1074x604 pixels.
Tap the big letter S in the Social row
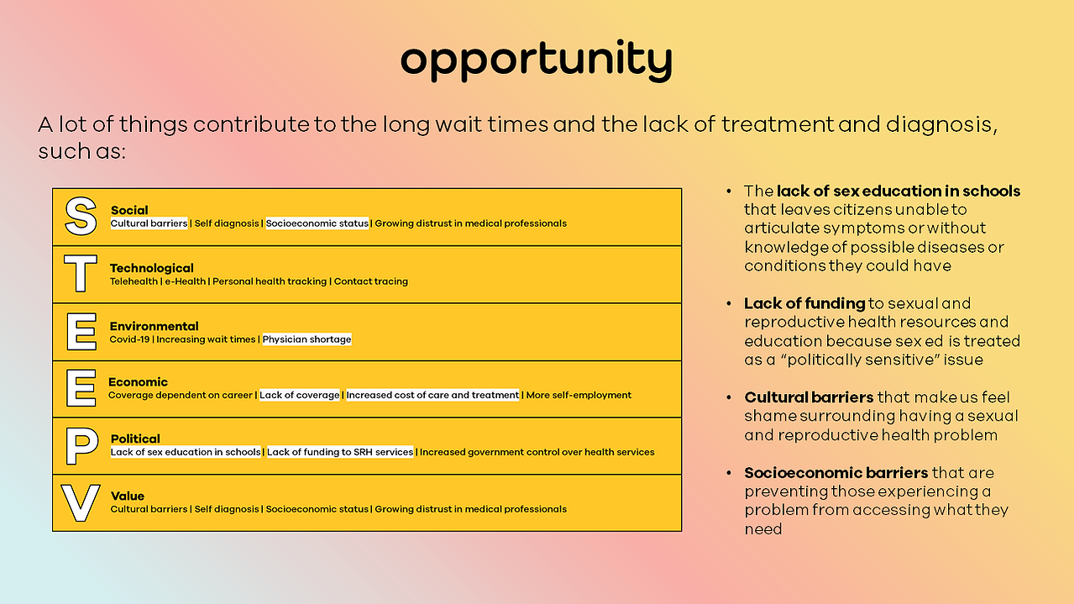tap(81, 217)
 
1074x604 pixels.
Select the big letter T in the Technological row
tap(80, 273)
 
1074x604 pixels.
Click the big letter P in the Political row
tap(81, 446)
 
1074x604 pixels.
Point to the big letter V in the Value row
tap(81, 502)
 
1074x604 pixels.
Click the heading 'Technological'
tap(151, 268)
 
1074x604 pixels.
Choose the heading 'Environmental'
tap(154, 326)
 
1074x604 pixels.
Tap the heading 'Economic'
tap(138, 382)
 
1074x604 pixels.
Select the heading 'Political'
tap(135, 439)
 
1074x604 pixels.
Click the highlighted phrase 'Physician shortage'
tap(306, 339)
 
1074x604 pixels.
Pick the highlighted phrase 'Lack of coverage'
tap(300, 395)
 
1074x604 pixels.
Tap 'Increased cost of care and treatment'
tap(432, 395)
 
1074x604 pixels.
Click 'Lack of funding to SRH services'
tap(340, 452)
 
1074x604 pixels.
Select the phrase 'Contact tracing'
tap(370, 281)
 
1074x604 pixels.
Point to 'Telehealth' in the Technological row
tap(134, 281)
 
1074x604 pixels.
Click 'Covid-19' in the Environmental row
tap(129, 339)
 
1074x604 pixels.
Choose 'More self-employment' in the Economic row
tap(579, 395)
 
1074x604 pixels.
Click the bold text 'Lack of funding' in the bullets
tap(804, 303)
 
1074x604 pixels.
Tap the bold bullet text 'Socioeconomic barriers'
tap(836, 473)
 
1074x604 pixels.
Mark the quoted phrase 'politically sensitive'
tap(861, 360)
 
